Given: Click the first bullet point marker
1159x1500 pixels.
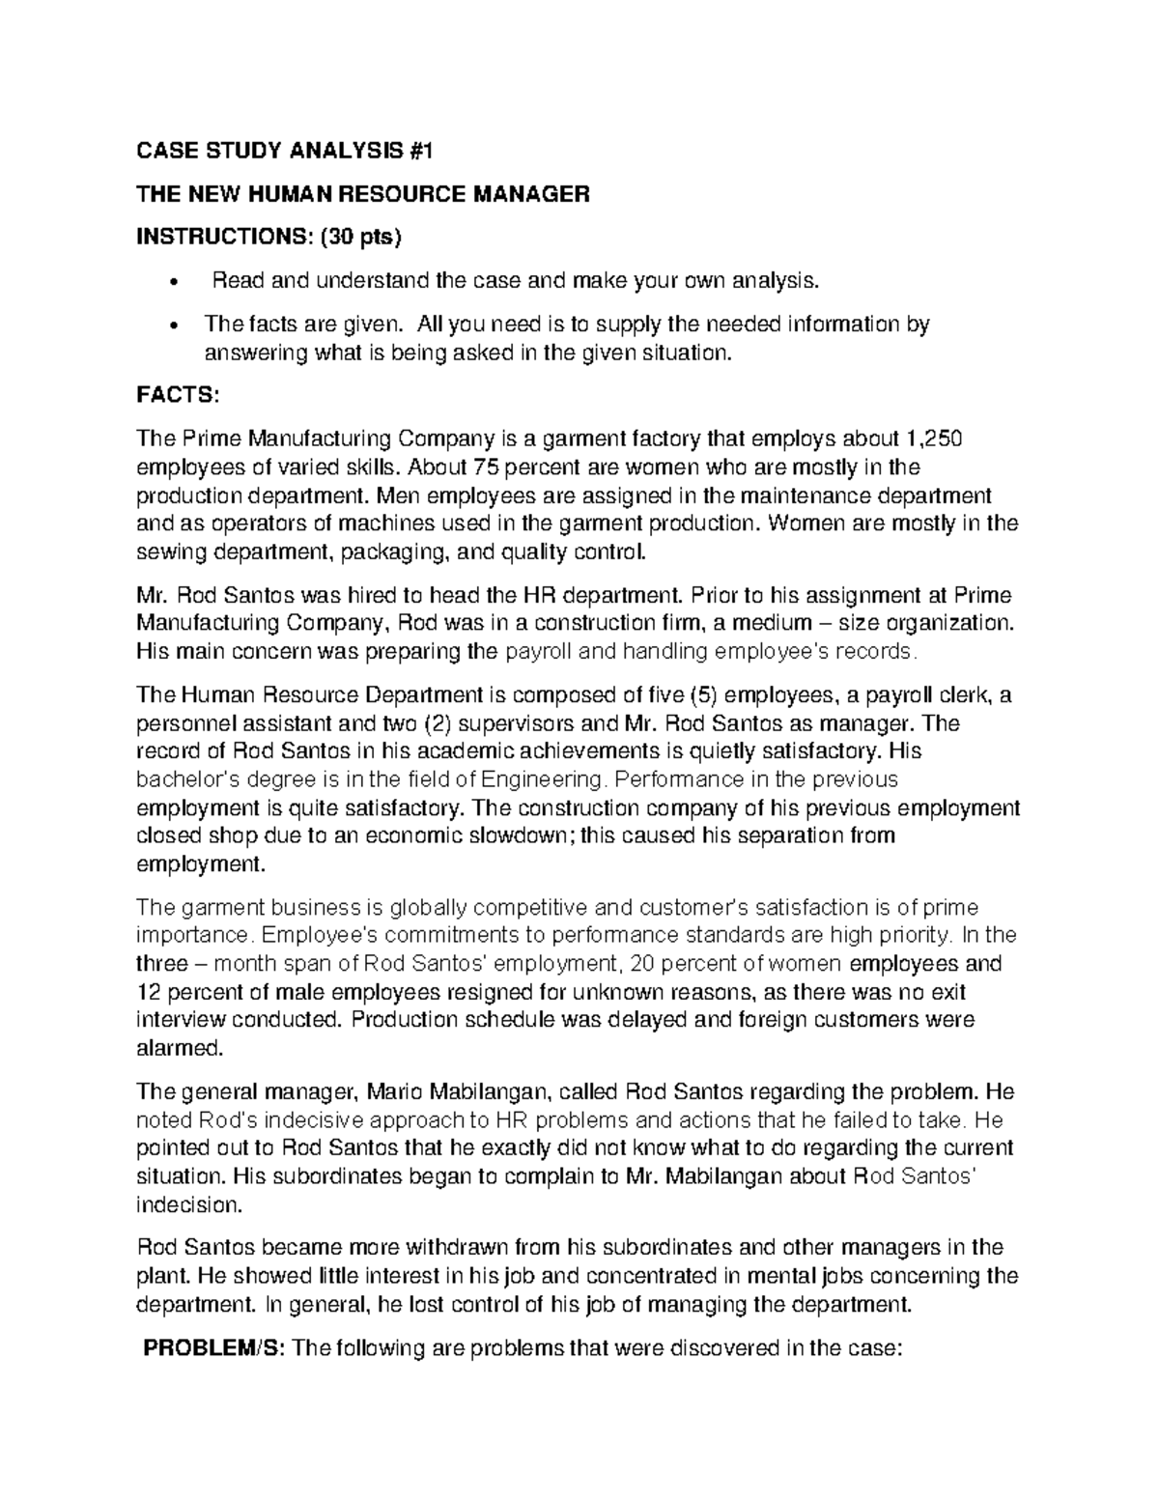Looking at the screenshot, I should tap(173, 283).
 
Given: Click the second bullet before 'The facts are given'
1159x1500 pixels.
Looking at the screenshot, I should tap(173, 325).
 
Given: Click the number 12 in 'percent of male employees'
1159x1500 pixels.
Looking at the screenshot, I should tap(148, 992).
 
